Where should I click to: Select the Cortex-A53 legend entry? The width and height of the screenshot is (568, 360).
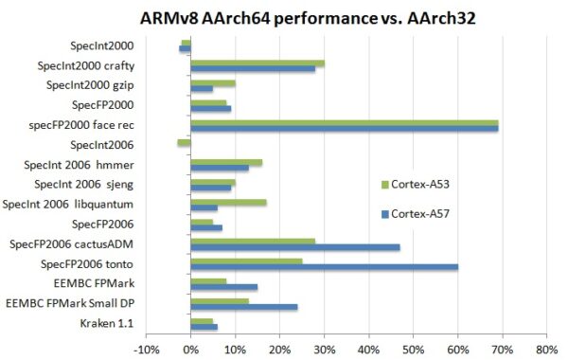[x=417, y=183]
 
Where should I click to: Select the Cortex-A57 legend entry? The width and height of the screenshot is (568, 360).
[x=417, y=214]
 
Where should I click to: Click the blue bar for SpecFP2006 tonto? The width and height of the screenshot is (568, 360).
[x=324, y=266]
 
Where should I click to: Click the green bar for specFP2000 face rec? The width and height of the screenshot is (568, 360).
[x=344, y=121]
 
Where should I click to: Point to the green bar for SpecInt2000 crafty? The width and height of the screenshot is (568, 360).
[x=257, y=63]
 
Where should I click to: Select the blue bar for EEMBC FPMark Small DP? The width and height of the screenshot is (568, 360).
[x=243, y=306]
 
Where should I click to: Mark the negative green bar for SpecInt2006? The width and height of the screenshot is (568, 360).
[x=184, y=142]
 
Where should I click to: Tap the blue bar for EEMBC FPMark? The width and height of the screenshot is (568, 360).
[x=223, y=286]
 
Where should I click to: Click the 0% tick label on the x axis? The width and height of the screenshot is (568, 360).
[x=190, y=349]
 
